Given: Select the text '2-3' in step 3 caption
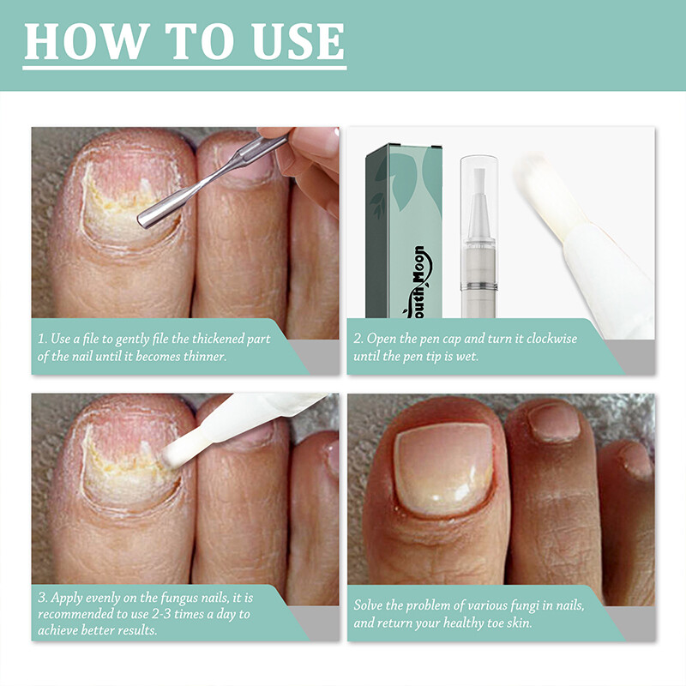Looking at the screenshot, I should click(x=175, y=613).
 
